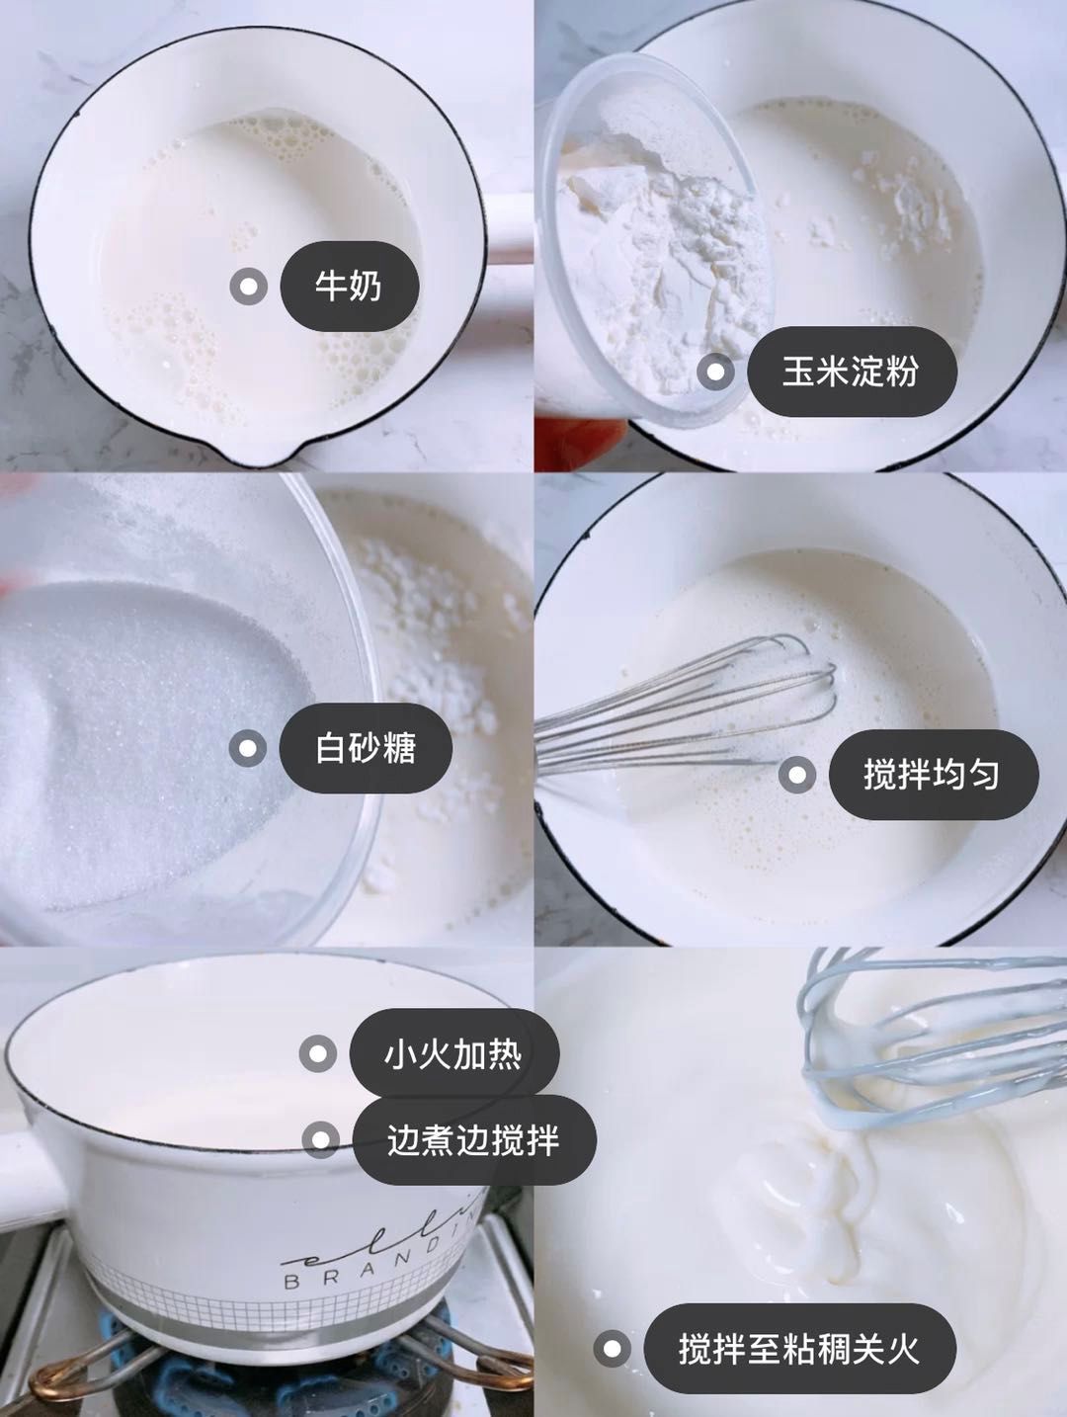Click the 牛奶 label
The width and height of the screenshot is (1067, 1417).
(x=349, y=287)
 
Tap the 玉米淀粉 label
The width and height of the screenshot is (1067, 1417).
(x=851, y=372)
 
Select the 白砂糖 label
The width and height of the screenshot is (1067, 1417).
(x=366, y=748)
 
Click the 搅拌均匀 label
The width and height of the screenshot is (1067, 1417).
(x=932, y=775)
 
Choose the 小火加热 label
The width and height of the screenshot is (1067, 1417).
(x=453, y=1054)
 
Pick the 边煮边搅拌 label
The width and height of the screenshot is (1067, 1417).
(x=473, y=1140)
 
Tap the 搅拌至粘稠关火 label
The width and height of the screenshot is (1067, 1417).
(x=799, y=1349)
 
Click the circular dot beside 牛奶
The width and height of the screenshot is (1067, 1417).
(x=248, y=288)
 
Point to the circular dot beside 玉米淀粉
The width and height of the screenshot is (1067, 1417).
(x=715, y=373)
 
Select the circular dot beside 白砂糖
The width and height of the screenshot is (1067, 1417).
(x=248, y=748)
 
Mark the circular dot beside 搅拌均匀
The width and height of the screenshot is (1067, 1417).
(x=796, y=775)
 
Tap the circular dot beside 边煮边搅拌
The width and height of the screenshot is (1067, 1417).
(x=319, y=1140)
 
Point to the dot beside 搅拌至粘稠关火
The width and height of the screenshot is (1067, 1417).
(x=613, y=1349)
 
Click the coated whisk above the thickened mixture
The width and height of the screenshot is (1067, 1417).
(x=889, y=1038)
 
